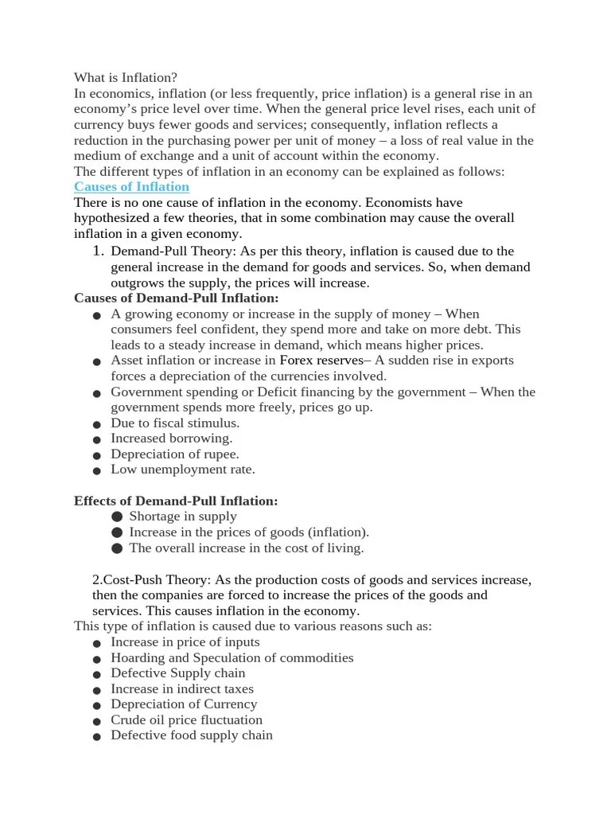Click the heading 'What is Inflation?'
126,78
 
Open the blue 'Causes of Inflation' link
131,187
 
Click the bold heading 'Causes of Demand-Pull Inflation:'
177,298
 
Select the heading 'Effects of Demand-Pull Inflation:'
176,501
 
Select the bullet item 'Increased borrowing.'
171,439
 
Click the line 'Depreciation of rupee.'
174,454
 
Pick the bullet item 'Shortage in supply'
183,517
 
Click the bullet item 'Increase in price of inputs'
185,641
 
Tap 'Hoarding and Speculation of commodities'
232,657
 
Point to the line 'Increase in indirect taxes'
182,688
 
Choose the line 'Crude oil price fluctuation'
186,719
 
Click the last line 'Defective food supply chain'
191,735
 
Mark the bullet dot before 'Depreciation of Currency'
96,706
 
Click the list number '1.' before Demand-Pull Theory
99,251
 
